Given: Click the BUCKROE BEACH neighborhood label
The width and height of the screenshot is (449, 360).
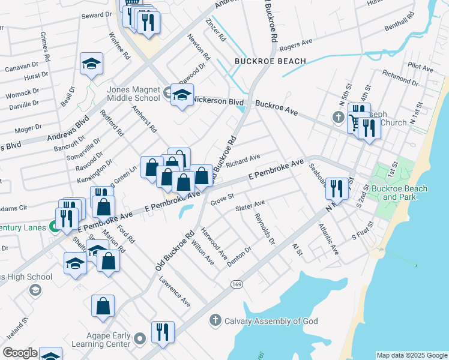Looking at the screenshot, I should pyautogui.click(x=270, y=61).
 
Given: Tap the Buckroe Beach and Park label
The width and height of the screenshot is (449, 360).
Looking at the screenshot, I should pyautogui.click(x=399, y=193).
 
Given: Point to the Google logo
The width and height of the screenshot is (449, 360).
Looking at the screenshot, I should pyautogui.click(x=19, y=353).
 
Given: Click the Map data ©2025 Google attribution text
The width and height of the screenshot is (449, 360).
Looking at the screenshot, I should pyautogui.click(x=411, y=355).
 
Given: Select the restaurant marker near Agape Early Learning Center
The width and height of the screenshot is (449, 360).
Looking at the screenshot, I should pyautogui.click(x=161, y=332).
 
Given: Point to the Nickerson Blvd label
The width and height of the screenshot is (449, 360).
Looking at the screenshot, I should pyautogui.click(x=218, y=101).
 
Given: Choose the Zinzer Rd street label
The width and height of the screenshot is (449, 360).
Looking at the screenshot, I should pyautogui.click(x=215, y=30).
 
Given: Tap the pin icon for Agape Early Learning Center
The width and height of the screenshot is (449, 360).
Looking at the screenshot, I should pyautogui.click(x=140, y=340).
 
